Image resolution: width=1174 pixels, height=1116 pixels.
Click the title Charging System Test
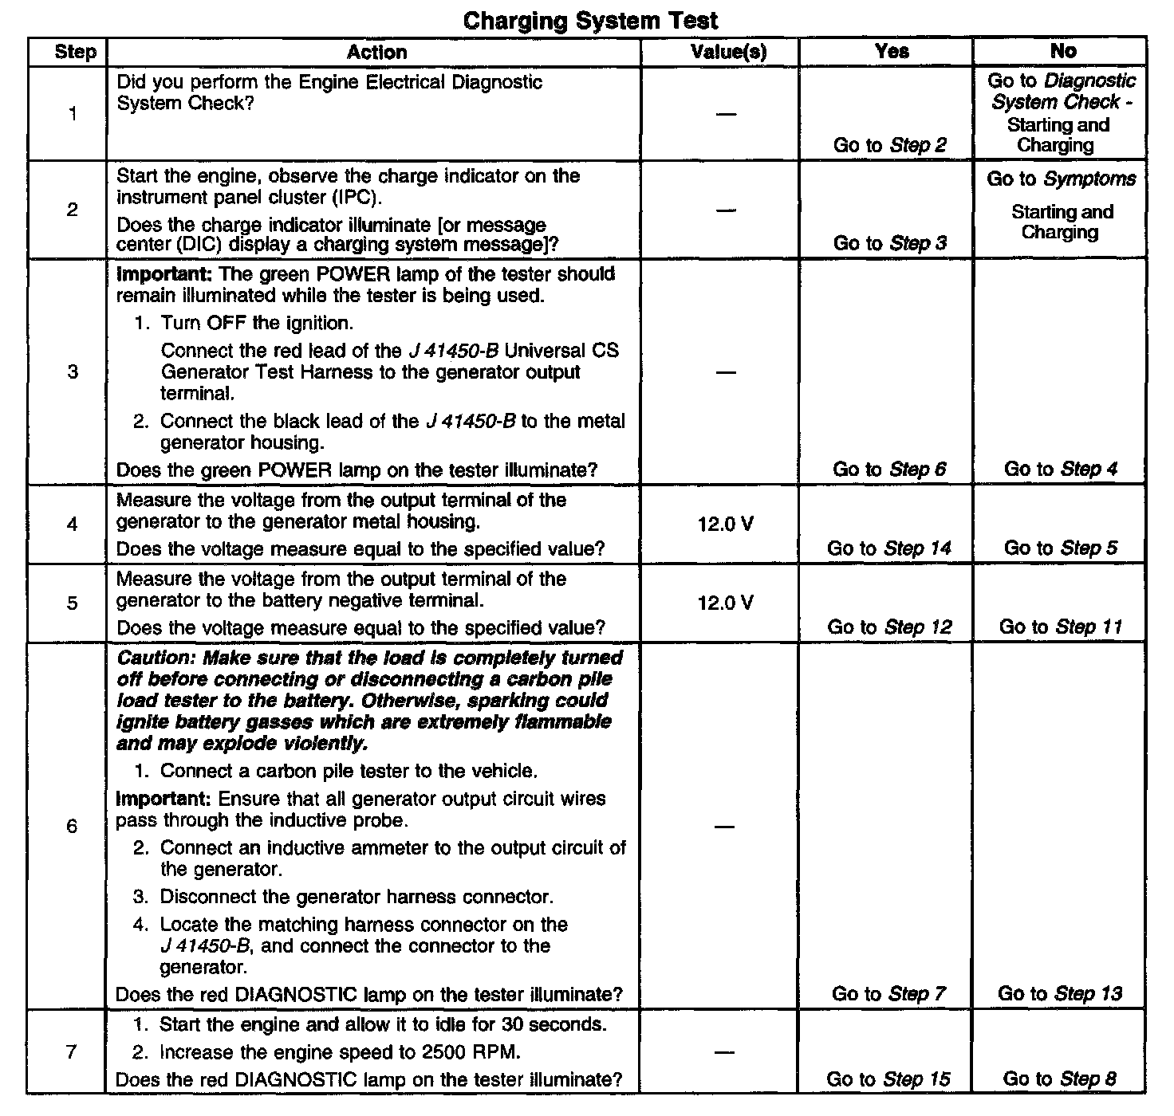[x=590, y=21]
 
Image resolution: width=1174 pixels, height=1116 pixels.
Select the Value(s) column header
[x=728, y=53]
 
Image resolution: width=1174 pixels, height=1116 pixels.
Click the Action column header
[x=376, y=53]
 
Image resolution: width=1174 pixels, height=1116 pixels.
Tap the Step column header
[x=75, y=53]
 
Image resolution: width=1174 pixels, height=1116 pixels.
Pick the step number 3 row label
[x=73, y=371]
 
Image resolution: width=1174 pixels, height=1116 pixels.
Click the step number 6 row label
[x=72, y=826]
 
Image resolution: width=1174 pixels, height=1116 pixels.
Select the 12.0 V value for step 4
[x=725, y=525]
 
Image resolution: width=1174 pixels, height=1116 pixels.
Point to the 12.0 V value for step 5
[x=725, y=603]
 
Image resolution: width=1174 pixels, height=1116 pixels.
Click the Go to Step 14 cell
[x=889, y=548]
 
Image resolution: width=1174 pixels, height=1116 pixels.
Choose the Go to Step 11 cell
[x=1061, y=627]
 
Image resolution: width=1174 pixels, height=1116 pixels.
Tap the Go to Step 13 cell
[x=1060, y=994]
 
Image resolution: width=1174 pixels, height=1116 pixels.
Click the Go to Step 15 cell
[x=888, y=1080]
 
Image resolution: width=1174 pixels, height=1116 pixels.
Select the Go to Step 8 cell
[x=1060, y=1080]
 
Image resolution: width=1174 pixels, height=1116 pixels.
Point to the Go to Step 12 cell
[x=889, y=627]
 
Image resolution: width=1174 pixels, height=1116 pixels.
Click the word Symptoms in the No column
[x=1089, y=179]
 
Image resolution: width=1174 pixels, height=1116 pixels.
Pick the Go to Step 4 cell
[x=1061, y=470]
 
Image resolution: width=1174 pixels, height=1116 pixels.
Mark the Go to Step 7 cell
[x=888, y=994]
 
